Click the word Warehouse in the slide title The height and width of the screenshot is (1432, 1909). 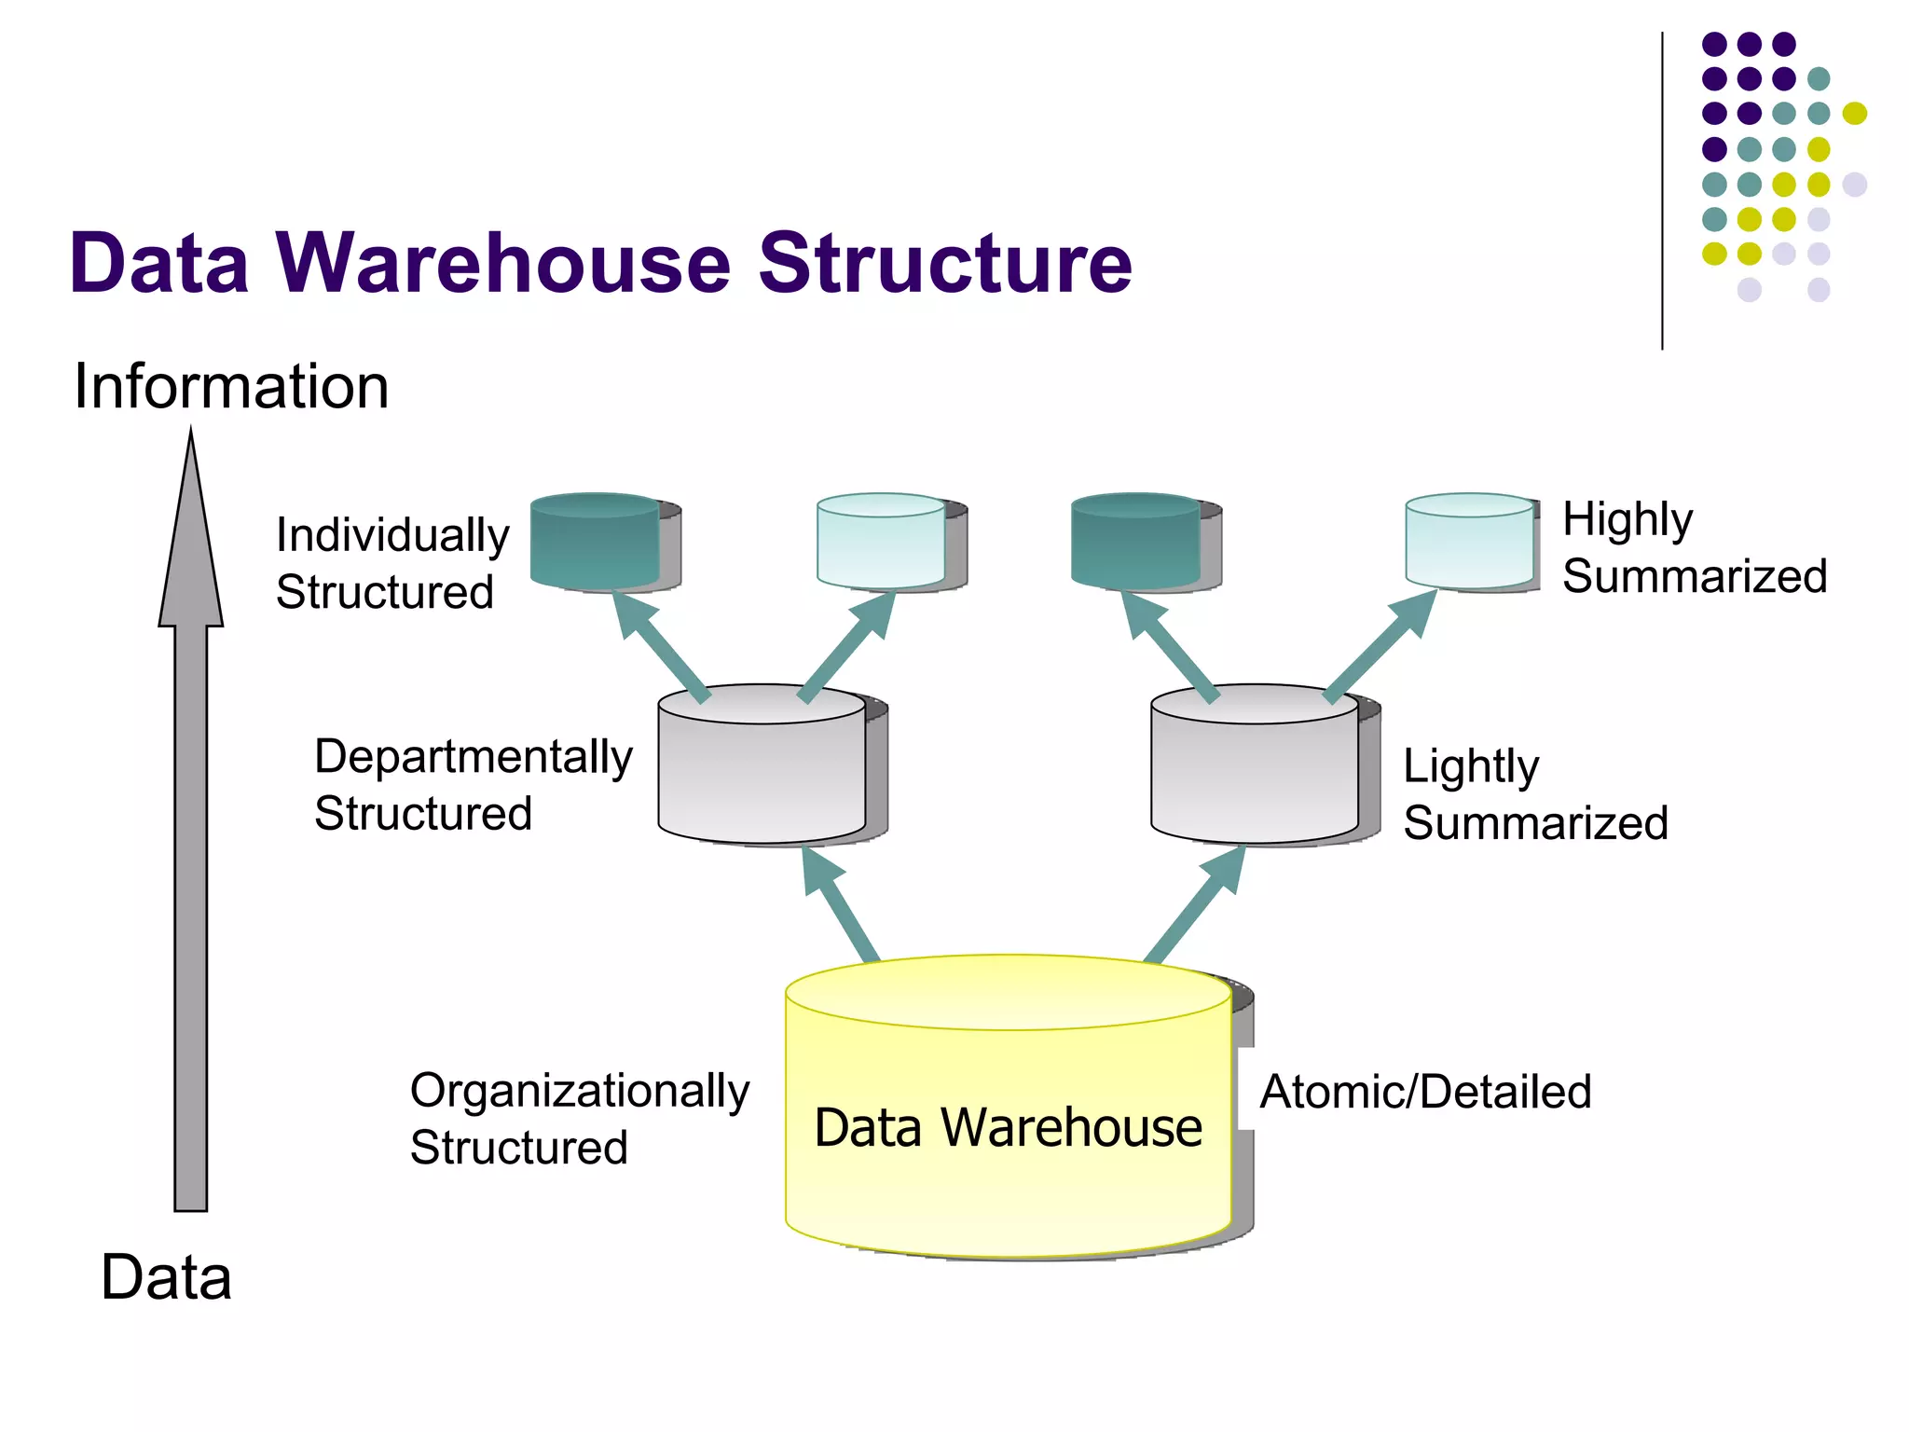click(504, 263)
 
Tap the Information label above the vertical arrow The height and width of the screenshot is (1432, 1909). click(231, 386)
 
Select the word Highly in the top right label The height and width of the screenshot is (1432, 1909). click(1627, 519)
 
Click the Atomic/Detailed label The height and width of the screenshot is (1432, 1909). click(1425, 1092)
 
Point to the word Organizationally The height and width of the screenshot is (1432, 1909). click(579, 1091)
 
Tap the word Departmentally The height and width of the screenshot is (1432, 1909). click(473, 756)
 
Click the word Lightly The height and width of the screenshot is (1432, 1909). click(1470, 766)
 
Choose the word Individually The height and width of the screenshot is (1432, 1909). click(392, 535)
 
